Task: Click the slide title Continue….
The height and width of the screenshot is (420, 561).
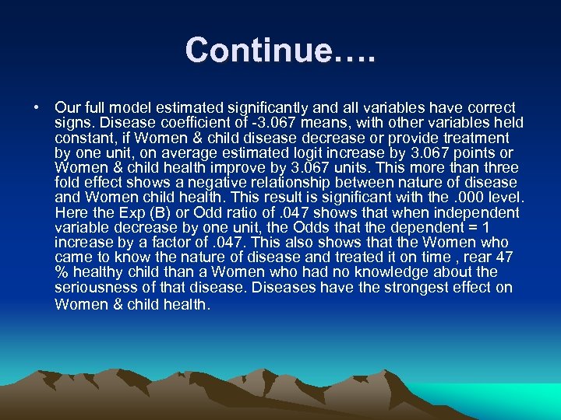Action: [280, 51]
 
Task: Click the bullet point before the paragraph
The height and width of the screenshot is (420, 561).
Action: [37, 107]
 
